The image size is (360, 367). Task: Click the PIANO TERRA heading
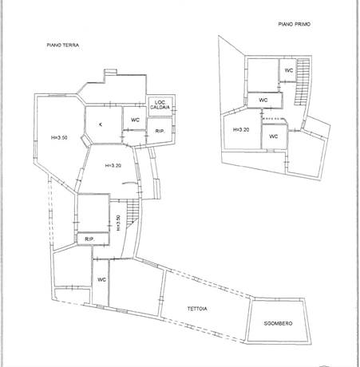(63, 45)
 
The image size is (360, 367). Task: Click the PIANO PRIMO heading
(295, 24)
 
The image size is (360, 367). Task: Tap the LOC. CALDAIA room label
(160, 105)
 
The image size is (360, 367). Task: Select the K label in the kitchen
(101, 124)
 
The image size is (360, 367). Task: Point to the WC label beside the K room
(135, 120)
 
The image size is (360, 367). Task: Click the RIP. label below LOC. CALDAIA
(160, 131)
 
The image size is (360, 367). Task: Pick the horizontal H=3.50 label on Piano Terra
(59, 137)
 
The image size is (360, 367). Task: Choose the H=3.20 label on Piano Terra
(113, 165)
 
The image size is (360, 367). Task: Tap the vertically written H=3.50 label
(118, 223)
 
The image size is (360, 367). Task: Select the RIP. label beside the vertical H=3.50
(89, 239)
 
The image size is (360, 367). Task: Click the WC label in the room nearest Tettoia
(101, 279)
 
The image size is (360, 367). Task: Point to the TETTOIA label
(197, 309)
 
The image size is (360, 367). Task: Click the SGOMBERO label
(278, 323)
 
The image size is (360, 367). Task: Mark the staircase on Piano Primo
(303, 81)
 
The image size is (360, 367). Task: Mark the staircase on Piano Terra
(133, 213)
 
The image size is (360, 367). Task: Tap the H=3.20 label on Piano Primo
(241, 130)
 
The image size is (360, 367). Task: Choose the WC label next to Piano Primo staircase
(289, 70)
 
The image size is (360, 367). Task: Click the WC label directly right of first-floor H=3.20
(274, 136)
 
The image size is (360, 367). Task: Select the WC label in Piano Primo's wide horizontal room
(263, 101)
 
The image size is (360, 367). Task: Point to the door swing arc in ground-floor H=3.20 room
(129, 183)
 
